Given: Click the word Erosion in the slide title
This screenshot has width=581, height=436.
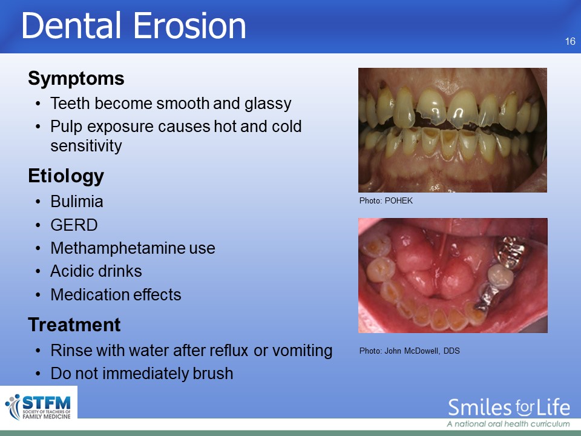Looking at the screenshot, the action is point(189,25).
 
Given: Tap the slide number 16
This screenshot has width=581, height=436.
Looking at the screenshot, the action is point(570,42).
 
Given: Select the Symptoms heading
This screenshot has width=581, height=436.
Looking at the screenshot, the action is point(76,79).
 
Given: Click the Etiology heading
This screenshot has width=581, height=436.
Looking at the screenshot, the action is point(66,176).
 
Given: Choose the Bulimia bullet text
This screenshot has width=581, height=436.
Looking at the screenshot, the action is point(77,202).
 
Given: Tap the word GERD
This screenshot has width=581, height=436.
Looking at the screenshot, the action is point(74,225).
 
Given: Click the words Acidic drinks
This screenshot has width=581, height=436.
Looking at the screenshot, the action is point(96,271).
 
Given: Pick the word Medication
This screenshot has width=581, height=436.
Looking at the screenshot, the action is point(90,295).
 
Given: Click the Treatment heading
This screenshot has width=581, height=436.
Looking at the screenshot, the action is point(74,325).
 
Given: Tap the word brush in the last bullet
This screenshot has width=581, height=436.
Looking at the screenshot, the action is point(213,374).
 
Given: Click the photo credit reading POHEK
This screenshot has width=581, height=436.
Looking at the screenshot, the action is point(386,200).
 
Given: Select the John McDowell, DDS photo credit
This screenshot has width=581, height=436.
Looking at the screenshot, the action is point(410,351).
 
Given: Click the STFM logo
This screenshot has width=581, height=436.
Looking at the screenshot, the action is point(39,407).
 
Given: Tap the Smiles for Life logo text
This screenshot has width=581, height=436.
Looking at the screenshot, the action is point(509,408).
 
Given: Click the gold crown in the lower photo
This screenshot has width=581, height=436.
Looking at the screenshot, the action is point(511,251).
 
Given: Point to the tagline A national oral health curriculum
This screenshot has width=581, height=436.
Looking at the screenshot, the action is point(508,424).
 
